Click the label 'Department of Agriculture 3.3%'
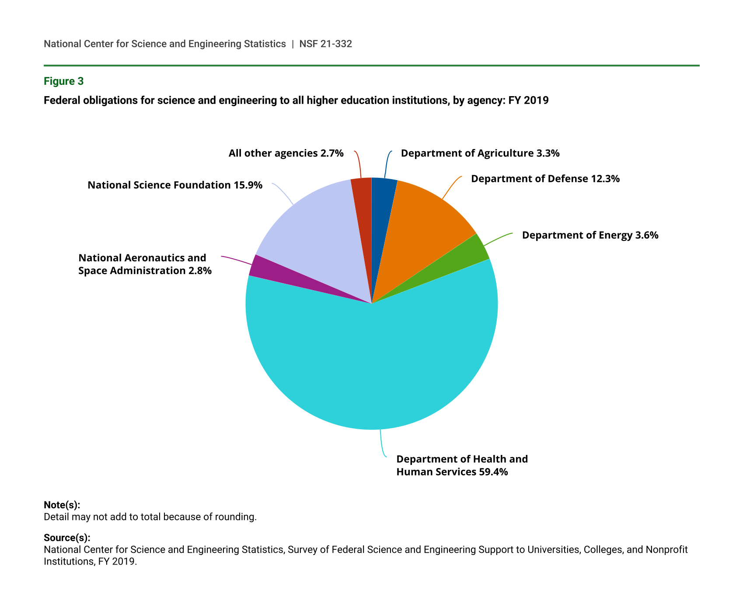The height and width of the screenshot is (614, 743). pyautogui.click(x=480, y=153)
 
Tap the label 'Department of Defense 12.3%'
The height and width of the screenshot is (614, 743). pyautogui.click(x=545, y=179)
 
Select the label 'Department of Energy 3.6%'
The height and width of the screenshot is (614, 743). pyautogui.click(x=590, y=235)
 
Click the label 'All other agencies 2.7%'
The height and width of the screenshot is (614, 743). pyautogui.click(x=286, y=153)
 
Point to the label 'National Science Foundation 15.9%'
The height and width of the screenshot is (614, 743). pyautogui.click(x=175, y=185)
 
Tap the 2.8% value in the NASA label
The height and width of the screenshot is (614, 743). pyautogui.click(x=200, y=271)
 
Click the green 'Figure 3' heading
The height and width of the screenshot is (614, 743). pyautogui.click(x=63, y=81)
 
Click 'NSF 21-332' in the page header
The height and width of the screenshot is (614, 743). pyautogui.click(x=325, y=44)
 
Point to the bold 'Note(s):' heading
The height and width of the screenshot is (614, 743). pyautogui.click(x=62, y=505)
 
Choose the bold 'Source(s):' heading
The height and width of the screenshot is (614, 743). pyautogui.click(x=67, y=538)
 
